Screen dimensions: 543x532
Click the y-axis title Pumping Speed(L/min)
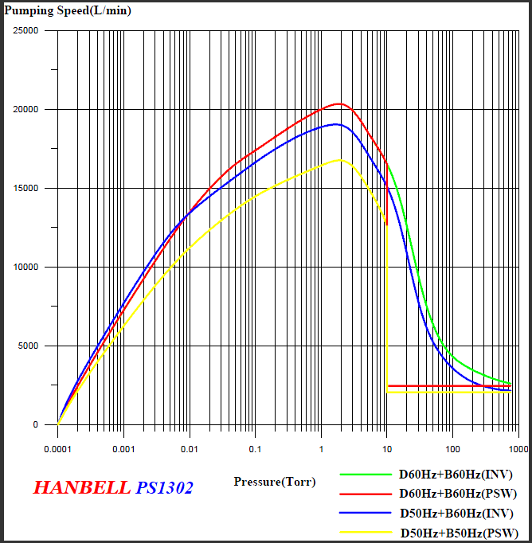pos(68,10)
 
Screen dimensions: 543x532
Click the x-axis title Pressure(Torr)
pos(275,482)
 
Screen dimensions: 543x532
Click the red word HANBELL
pos(81,488)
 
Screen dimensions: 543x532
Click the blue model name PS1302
pos(164,488)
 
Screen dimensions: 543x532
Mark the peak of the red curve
pos(339,104)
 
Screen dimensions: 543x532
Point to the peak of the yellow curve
pos(341,160)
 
